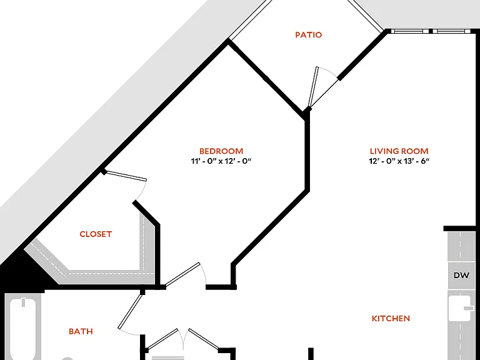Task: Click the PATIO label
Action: click(309, 34)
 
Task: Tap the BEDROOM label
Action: click(221, 151)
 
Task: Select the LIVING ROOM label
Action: click(399, 151)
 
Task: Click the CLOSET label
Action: click(96, 234)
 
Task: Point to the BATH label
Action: click(81, 331)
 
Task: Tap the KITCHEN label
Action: click(391, 318)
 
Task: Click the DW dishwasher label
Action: click(461, 275)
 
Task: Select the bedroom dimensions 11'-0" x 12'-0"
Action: click(221, 161)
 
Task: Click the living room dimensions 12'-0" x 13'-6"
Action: click(399, 161)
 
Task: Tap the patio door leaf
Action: click(313, 87)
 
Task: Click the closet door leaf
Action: click(126, 176)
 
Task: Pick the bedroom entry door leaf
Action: click(182, 274)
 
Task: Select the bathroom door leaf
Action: click(131, 311)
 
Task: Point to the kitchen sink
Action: click(459, 308)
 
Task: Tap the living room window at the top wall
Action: click(431, 31)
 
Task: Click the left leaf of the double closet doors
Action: click(162, 339)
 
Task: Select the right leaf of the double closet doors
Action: click(204, 339)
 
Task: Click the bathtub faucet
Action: click(23, 302)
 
